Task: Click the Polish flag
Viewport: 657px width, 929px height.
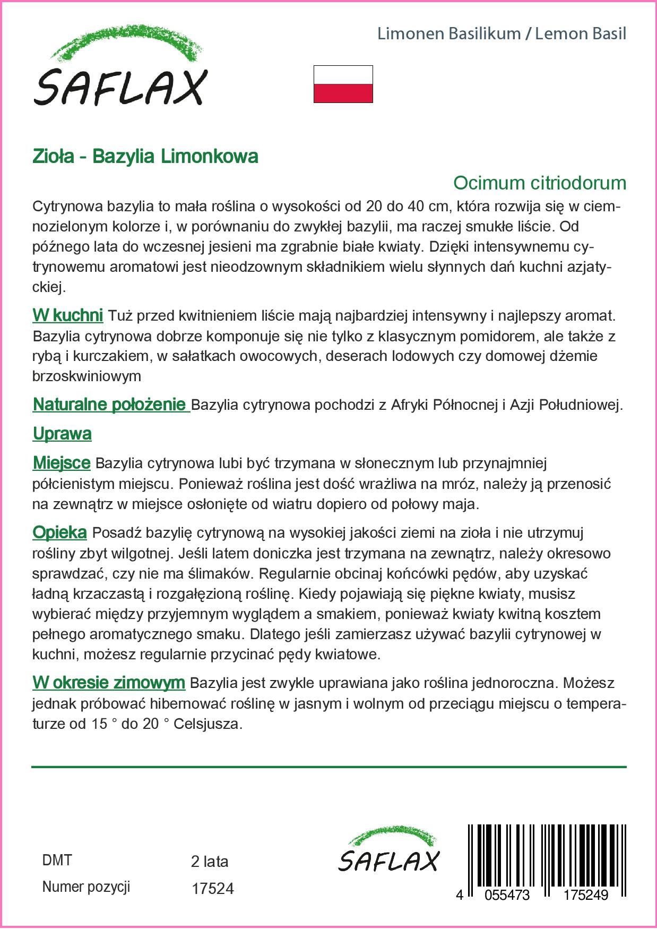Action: pos(343,84)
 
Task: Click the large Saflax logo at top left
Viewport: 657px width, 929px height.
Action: pos(120,68)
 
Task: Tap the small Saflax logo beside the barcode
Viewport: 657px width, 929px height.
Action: pos(388,850)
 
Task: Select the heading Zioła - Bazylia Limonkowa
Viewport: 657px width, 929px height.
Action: pos(145,157)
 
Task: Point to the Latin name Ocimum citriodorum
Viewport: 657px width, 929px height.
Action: pos(539,183)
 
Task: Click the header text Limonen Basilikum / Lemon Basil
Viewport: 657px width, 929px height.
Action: pos(502,34)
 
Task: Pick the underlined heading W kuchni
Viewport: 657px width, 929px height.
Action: pos(67,315)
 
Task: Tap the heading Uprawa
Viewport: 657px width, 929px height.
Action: pos(62,434)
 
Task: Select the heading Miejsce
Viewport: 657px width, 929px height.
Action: pos(62,463)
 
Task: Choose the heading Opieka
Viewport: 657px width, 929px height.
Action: pos(59,532)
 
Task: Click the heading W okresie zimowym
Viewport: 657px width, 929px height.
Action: pos(109,683)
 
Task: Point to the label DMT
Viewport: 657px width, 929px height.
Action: pos(57,861)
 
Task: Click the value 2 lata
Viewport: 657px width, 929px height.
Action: pos(210,862)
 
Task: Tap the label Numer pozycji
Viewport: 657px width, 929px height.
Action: pos(86,887)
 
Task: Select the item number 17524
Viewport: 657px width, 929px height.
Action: pos(212,889)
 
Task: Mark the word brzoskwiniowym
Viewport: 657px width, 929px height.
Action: pos(87,376)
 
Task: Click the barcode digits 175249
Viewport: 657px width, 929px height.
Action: pos(585,895)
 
